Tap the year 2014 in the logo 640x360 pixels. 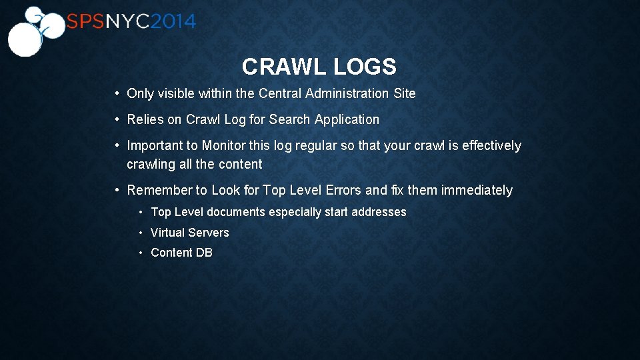173,22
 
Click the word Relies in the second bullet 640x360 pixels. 145,120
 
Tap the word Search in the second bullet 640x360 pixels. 289,120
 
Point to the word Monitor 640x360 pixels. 224,145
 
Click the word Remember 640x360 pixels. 159,191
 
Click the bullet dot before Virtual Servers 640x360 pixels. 141,233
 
